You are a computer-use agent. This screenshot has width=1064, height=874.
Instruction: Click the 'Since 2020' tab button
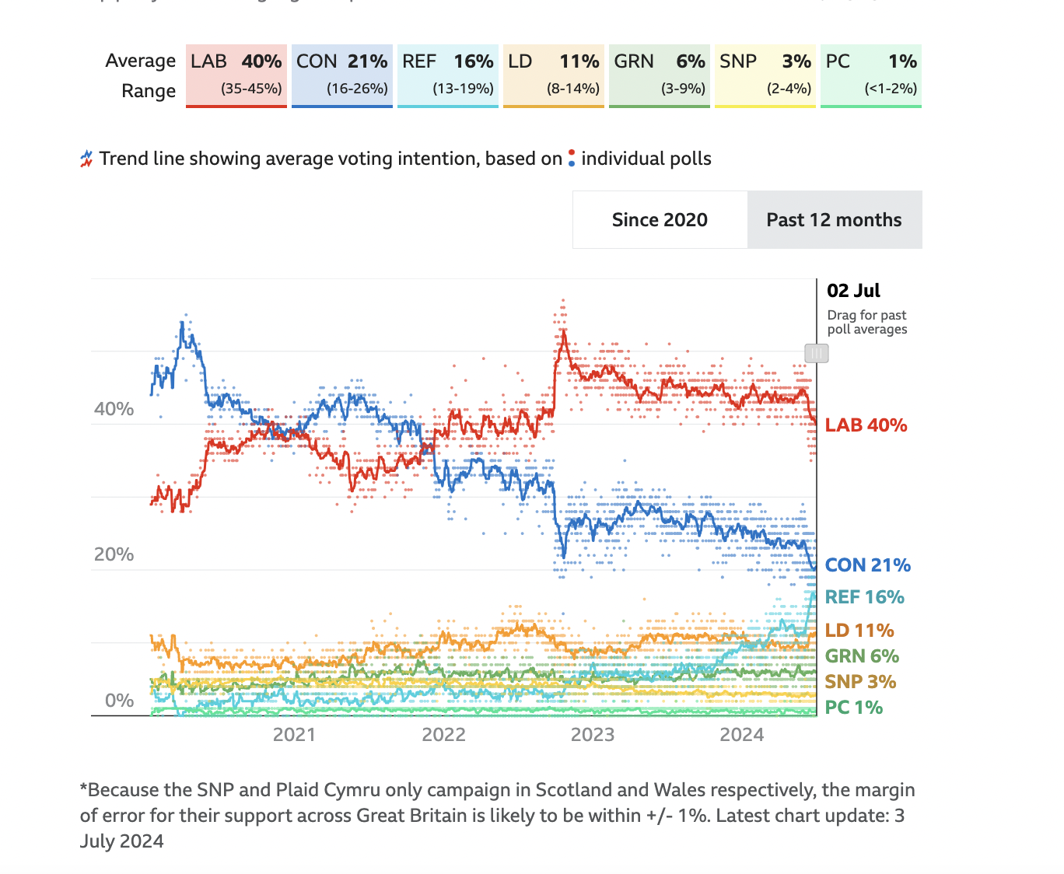(x=660, y=220)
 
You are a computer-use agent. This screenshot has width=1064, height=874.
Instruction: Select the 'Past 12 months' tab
(x=834, y=220)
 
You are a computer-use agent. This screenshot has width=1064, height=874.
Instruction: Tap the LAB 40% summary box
(x=236, y=75)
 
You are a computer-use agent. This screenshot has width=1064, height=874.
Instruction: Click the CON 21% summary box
(x=342, y=75)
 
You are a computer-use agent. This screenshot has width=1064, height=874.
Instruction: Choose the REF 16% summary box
(x=448, y=75)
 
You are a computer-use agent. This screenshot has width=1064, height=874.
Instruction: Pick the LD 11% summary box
(x=554, y=75)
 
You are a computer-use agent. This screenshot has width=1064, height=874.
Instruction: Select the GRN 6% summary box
(x=660, y=75)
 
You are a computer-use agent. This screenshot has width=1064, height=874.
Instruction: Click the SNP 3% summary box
(x=765, y=75)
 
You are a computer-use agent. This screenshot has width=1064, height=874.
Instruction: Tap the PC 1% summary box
(x=871, y=75)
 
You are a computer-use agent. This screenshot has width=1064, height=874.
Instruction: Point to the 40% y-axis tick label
(x=114, y=409)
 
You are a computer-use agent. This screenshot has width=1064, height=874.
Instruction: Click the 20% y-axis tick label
(x=114, y=554)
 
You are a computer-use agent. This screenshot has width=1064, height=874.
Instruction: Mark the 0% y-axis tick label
(x=120, y=701)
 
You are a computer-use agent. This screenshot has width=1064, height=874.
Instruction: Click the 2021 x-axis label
(x=294, y=735)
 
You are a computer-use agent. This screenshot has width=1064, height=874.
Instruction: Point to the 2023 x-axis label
(x=593, y=735)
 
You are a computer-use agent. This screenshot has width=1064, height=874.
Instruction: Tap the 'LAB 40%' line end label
(x=866, y=425)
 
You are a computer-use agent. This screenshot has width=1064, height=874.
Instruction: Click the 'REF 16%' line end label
(x=864, y=597)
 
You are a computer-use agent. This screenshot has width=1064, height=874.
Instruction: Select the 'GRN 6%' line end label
(x=862, y=656)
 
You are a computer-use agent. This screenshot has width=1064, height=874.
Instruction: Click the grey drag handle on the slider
(x=817, y=354)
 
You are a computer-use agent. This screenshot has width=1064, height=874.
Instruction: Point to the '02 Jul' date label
(x=853, y=291)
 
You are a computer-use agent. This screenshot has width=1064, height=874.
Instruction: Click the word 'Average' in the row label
(x=141, y=61)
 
